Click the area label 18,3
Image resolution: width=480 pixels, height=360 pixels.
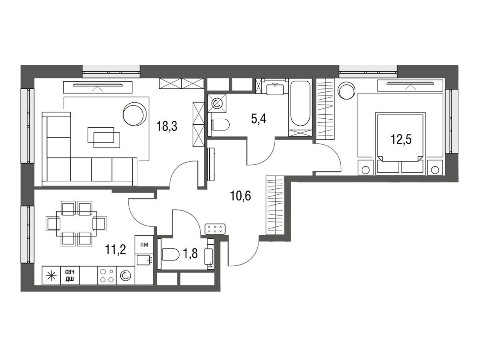(167, 126)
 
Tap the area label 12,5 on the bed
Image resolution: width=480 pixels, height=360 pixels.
(401, 139)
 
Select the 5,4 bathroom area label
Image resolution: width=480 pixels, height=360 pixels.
(259, 119)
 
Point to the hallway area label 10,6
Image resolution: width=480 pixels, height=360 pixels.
(240, 196)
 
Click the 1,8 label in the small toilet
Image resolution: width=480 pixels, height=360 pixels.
(190, 254)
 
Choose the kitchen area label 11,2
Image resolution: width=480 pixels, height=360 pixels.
(116, 250)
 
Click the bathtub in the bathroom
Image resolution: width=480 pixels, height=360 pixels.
(300, 104)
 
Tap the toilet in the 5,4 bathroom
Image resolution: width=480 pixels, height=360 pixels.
(219, 125)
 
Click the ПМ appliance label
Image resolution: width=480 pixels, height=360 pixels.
(144, 244)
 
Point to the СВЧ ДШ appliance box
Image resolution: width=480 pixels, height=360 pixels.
(70, 276)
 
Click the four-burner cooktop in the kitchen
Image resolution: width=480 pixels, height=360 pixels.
(107, 276)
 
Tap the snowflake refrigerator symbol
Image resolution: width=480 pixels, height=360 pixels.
(51, 276)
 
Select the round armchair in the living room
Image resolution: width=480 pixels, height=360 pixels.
(135, 114)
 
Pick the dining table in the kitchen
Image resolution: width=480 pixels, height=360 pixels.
(76, 224)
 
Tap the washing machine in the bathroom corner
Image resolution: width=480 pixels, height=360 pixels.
(217, 103)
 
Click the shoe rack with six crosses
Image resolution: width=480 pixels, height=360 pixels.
(215, 229)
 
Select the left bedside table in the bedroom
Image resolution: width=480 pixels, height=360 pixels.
(366, 168)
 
